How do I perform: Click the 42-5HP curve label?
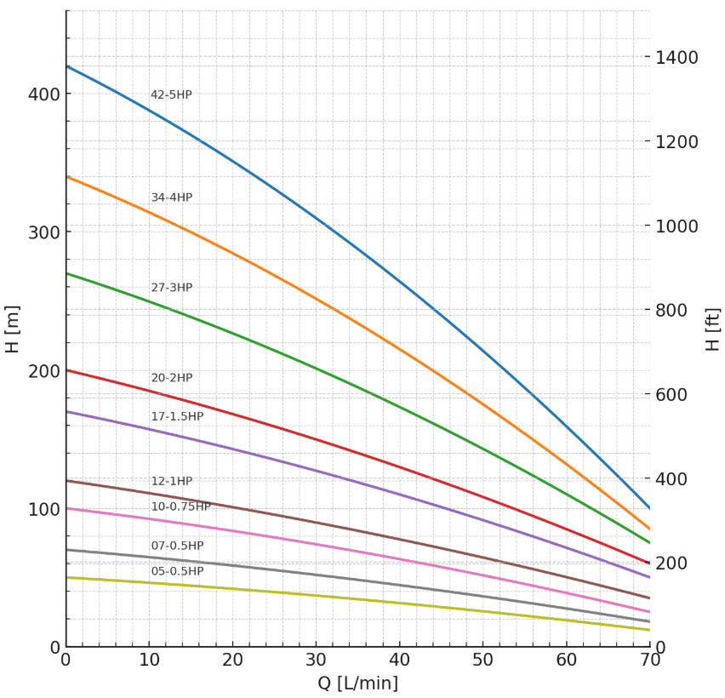pyautogui.click(x=171, y=95)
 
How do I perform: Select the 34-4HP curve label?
pyautogui.click(x=171, y=197)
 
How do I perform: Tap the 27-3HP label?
pyautogui.click(x=171, y=288)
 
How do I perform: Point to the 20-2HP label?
pyautogui.click(x=171, y=378)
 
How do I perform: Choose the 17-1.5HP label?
pyautogui.click(x=177, y=416)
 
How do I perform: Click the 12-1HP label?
pyautogui.click(x=171, y=481)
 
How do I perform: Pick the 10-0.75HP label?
pyautogui.click(x=180, y=506)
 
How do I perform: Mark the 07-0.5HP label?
pyautogui.click(x=177, y=546)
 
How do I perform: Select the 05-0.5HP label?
pyautogui.click(x=177, y=571)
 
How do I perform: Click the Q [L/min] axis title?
pyautogui.click(x=357, y=684)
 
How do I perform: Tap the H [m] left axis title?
pyautogui.click(x=13, y=329)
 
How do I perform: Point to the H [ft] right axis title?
pyautogui.click(x=713, y=329)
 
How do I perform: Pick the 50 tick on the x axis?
pyautogui.click(x=482, y=660)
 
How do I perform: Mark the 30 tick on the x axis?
pyautogui.click(x=316, y=660)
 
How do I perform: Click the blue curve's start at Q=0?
pyautogui.click(x=66, y=66)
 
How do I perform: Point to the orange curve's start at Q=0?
pyautogui.click(x=66, y=177)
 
